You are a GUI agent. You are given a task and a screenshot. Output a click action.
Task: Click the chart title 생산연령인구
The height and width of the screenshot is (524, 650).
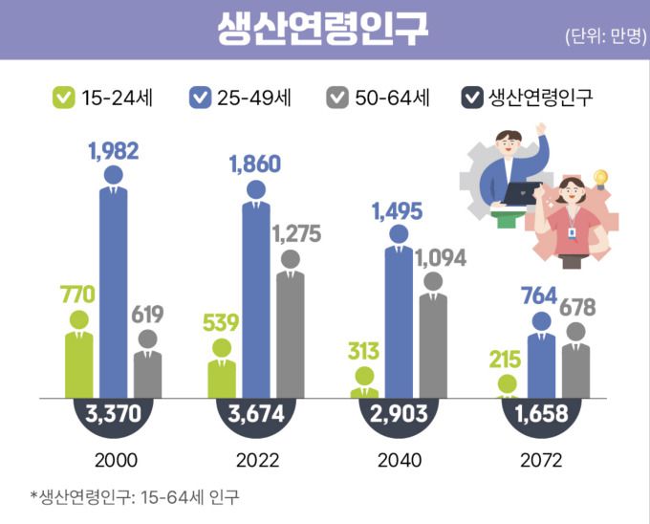click(x=322, y=29)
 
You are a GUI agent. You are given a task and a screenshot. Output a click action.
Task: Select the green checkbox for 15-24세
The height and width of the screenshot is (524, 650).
click(x=64, y=97)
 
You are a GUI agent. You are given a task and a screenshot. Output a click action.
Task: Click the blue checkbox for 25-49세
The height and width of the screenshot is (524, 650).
click(x=201, y=97)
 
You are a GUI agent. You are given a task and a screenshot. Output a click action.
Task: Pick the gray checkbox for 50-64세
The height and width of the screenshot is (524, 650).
click(x=337, y=97)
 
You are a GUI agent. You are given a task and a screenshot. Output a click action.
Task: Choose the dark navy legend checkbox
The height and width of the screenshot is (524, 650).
click(x=472, y=97)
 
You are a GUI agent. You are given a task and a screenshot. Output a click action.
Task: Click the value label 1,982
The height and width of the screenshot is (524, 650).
click(x=114, y=150)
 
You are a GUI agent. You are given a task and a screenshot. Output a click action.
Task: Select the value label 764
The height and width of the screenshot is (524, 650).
click(x=539, y=295)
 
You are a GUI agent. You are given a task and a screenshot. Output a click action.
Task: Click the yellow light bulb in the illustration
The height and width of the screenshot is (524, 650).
click(x=601, y=178)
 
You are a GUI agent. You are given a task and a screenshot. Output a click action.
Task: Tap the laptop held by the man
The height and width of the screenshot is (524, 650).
click(x=523, y=192)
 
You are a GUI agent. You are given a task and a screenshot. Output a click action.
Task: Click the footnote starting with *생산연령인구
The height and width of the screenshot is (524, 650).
click(x=135, y=497)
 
